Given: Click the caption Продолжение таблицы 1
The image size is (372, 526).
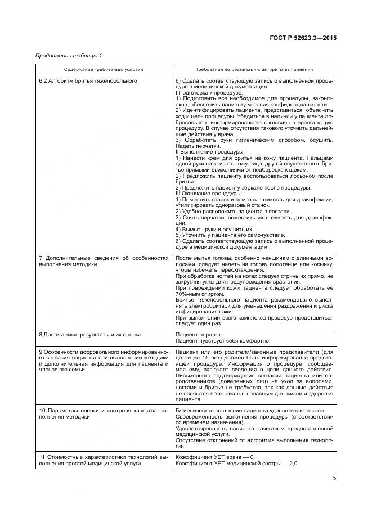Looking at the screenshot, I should coord(69,55).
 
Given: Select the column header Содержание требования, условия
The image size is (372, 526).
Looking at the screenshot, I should coord(104,69).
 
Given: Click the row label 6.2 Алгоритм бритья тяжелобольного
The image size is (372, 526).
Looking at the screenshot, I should coord(88,80).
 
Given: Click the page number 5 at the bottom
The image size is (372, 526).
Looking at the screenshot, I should coord(334,478).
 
